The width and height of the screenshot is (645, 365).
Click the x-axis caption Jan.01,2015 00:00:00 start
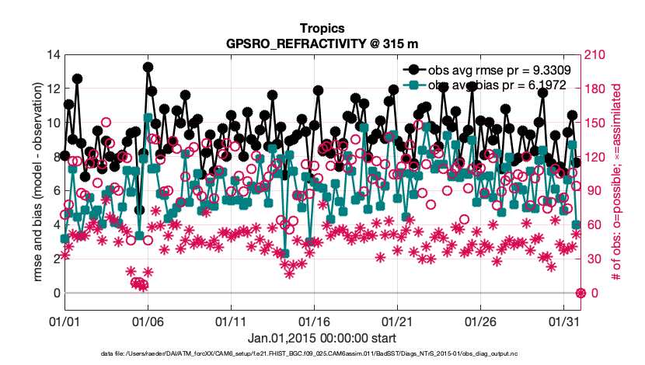[322, 338]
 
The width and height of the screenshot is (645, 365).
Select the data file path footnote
[322, 353]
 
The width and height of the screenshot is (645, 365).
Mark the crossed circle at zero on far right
[580, 293]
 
